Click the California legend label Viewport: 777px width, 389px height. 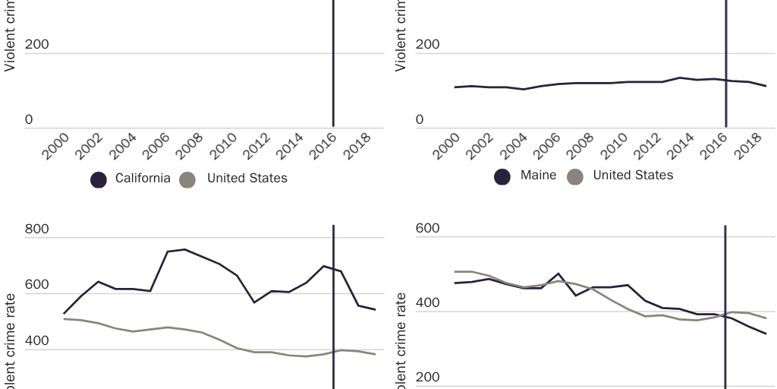point(143,179)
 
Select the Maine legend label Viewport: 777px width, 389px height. point(538,176)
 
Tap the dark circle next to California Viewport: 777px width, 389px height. point(99,179)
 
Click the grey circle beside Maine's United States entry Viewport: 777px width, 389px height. point(575,176)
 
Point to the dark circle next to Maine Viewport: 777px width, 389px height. point(502,176)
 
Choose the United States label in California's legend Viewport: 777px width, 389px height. point(247,179)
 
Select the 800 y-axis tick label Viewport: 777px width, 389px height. point(36,229)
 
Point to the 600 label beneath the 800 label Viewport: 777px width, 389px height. point(36,285)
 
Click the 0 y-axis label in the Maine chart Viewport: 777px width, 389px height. point(420,120)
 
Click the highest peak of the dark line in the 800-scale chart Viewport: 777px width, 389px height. point(184,249)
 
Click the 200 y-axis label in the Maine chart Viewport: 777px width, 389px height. point(428,45)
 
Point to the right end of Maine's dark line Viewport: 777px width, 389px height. point(766,86)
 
